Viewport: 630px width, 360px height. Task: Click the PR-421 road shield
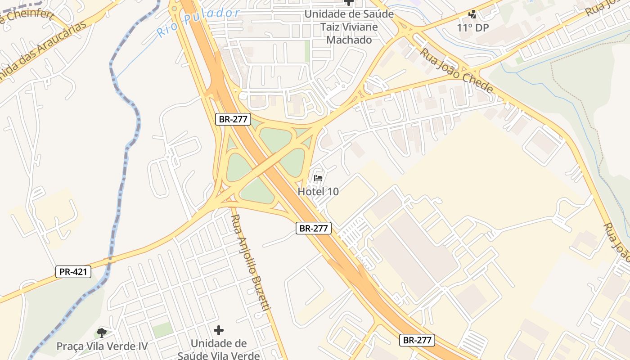[x=73, y=271]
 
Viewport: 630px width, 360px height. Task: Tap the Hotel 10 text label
[x=318, y=191]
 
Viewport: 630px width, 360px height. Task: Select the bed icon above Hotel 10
[x=318, y=178]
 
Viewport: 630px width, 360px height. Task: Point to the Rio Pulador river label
[x=198, y=22]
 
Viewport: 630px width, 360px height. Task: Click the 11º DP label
[x=473, y=27]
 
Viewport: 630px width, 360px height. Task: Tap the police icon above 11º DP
[x=472, y=15]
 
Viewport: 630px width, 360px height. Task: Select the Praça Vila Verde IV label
[x=102, y=346]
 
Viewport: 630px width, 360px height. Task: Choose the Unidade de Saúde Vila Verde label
[x=219, y=349]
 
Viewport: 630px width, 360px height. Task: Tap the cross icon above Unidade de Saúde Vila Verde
[x=219, y=331]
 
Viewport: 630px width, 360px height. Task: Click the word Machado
[x=349, y=40]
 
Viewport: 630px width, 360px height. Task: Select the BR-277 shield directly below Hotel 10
[x=314, y=228]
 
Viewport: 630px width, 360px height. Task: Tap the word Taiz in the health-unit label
[x=330, y=27]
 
